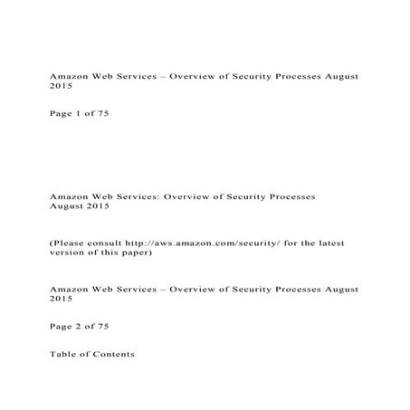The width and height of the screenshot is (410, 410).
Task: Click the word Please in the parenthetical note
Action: [x=69, y=243]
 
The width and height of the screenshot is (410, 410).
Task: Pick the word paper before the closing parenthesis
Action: [x=146, y=253]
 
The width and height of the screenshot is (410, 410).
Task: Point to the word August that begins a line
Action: [x=67, y=206]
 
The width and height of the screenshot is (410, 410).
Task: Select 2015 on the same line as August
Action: [x=99, y=206]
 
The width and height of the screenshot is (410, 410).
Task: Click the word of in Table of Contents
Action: [x=85, y=354]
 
